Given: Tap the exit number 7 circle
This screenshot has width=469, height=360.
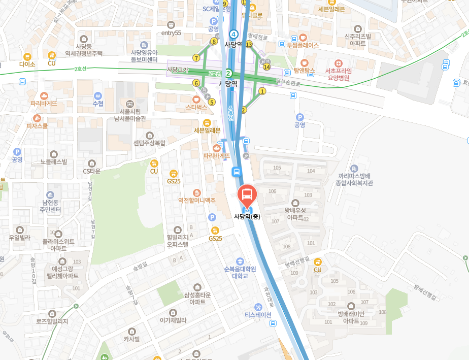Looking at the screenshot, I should tap(196, 58).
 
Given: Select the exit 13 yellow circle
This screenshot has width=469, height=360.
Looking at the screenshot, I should tap(249, 45).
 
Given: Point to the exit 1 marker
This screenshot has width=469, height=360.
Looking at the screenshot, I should tap(262, 91).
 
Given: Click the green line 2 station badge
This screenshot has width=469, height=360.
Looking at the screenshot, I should tap(228, 73).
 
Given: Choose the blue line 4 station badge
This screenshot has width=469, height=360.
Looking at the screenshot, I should tap(233, 34).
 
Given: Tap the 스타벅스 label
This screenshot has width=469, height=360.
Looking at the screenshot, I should tap(196, 107).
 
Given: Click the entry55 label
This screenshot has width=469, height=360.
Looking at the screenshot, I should tap(171, 33).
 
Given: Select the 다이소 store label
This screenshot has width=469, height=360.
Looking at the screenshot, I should tap(27, 64).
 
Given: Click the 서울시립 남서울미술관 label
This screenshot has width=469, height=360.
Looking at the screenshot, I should tap(129, 115).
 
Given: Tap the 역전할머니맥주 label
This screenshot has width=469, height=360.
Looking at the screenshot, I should tap(197, 200).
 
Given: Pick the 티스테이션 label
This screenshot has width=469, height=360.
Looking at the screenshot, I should tap(258, 314).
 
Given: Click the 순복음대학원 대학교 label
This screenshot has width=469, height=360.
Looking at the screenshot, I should tap(240, 272).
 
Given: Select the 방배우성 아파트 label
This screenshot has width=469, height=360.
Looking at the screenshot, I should tap(295, 214).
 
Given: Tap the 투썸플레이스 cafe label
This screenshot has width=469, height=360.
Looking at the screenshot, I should tap(303, 45).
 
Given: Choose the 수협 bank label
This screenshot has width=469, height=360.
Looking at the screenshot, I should tap(98, 103).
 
